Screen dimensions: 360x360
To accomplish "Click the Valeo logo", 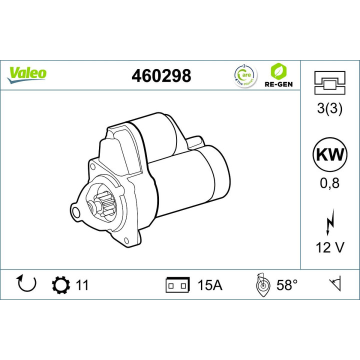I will pos(27,73).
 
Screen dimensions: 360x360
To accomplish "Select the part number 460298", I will pos(161,75).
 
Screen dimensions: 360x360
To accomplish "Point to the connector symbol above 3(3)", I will pos(329,83).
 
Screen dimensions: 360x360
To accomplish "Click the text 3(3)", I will pos(329,109).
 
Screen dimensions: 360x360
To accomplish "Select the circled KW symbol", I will pos(329,154).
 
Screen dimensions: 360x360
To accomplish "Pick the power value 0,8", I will pos(329,183).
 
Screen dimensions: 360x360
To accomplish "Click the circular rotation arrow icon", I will pos(27,284).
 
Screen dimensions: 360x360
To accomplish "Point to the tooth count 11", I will pos(82,285).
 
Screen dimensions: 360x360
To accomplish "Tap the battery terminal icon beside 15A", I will pos(177,285).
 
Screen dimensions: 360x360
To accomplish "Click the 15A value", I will pos(210,285).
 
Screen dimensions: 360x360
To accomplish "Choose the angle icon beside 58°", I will pos(262,285).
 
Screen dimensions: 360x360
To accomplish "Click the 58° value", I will pos(287,285).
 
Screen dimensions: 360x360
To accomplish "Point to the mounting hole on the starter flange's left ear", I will pos(76,213).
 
